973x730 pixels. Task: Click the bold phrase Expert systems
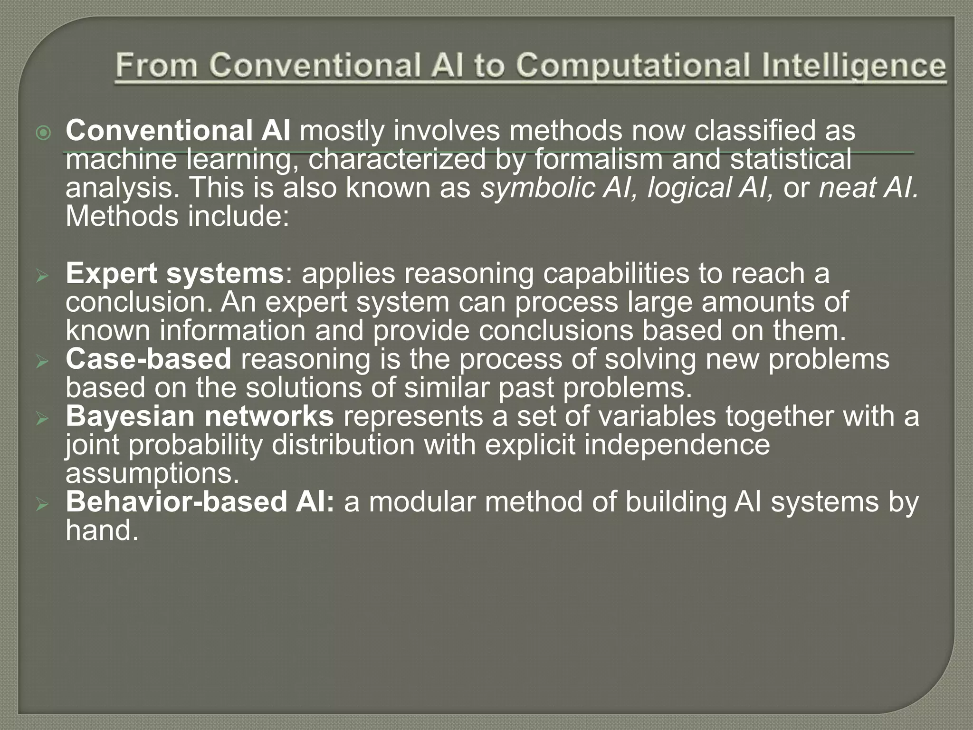tap(175, 274)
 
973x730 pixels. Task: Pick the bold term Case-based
tap(149, 359)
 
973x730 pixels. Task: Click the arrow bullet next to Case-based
tap(43, 362)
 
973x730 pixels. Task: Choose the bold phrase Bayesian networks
tap(200, 416)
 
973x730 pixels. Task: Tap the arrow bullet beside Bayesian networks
tap(43, 419)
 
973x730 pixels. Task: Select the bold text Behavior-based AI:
tap(200, 502)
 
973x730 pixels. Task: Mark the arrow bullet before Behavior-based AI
tap(43, 505)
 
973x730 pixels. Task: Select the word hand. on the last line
tap(102, 530)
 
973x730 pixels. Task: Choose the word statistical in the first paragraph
tap(791, 160)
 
